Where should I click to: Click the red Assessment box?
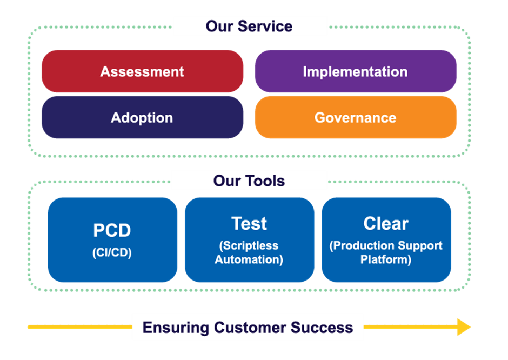point(142,71)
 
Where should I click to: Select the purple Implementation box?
point(355,71)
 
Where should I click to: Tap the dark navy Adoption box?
point(142,118)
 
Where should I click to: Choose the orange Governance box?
point(355,118)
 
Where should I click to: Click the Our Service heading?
point(249,26)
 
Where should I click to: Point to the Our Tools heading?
point(249,181)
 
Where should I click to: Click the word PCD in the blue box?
point(112,230)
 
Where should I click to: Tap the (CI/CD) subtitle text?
point(112,252)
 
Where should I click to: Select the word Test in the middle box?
point(249,223)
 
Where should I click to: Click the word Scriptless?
point(249,245)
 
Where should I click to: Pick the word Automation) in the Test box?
point(249,259)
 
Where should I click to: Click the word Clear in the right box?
point(386,223)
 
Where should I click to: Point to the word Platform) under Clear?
point(386,259)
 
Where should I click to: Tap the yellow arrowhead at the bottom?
point(464,327)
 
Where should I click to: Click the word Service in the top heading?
point(264,26)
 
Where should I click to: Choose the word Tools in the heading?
point(264,181)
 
